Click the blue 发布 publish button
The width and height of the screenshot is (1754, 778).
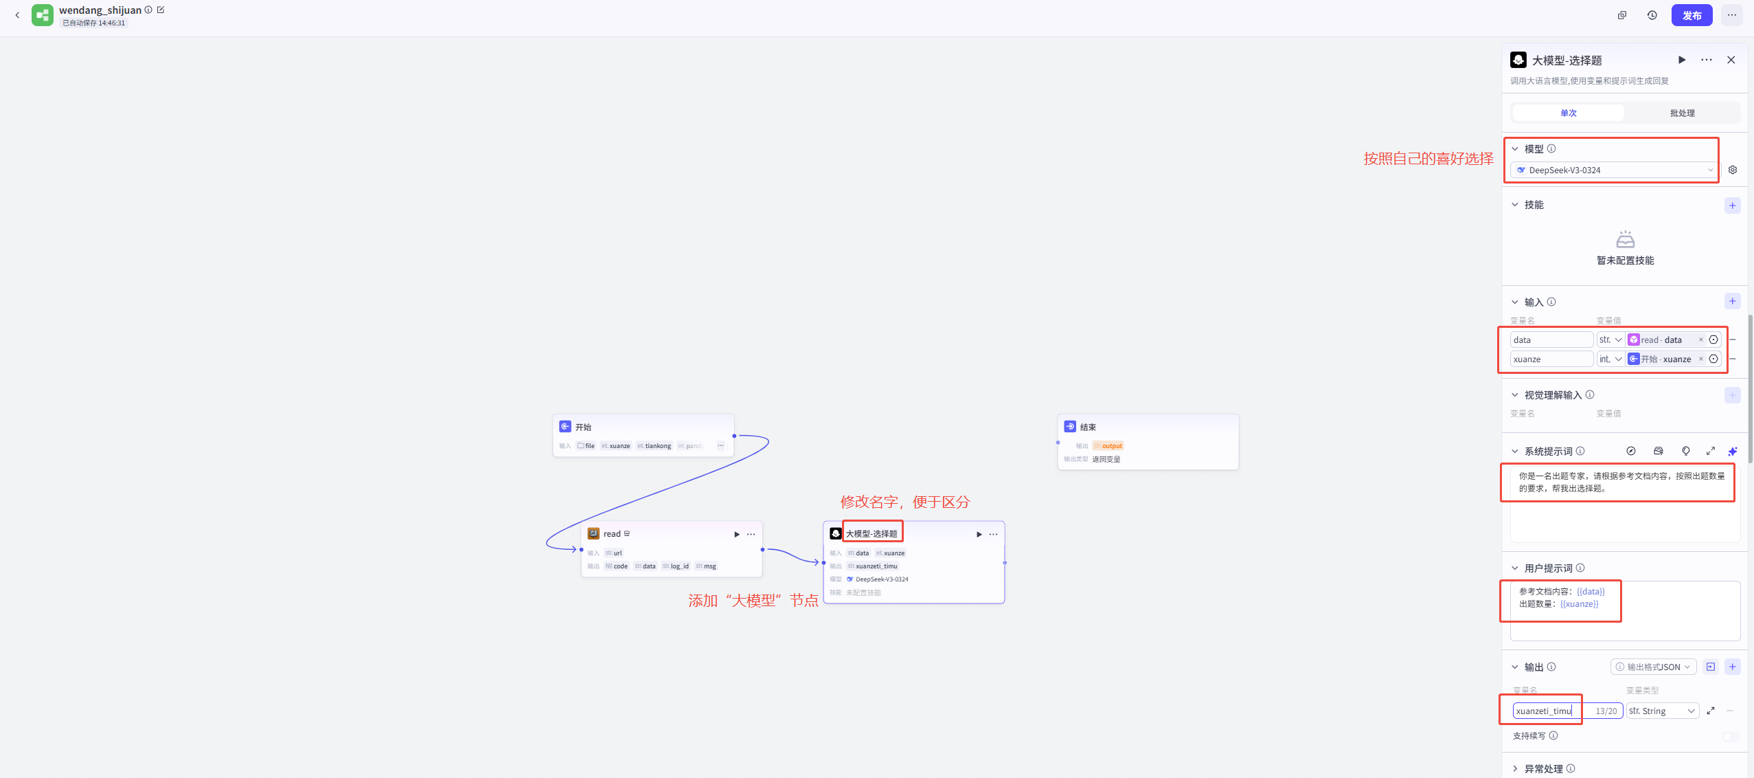point(1692,15)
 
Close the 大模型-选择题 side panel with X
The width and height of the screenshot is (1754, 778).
point(1731,60)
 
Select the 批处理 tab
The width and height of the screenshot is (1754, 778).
point(1682,113)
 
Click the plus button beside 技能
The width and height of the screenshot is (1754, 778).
point(1732,205)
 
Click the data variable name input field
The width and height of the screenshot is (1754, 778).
point(1551,340)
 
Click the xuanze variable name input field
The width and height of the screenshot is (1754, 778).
point(1551,359)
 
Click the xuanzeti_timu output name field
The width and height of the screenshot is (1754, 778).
point(1545,711)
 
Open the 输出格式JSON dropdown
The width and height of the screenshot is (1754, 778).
point(1653,667)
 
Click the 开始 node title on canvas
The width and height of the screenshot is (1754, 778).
point(583,427)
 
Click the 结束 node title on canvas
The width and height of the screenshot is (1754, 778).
point(1088,427)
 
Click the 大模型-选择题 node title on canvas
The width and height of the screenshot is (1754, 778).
point(871,533)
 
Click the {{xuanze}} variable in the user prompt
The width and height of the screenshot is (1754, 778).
point(1579,604)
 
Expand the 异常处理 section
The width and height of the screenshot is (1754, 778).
point(1543,768)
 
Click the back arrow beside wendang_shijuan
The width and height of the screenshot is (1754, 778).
point(17,15)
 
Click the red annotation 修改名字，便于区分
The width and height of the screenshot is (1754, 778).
point(904,502)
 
